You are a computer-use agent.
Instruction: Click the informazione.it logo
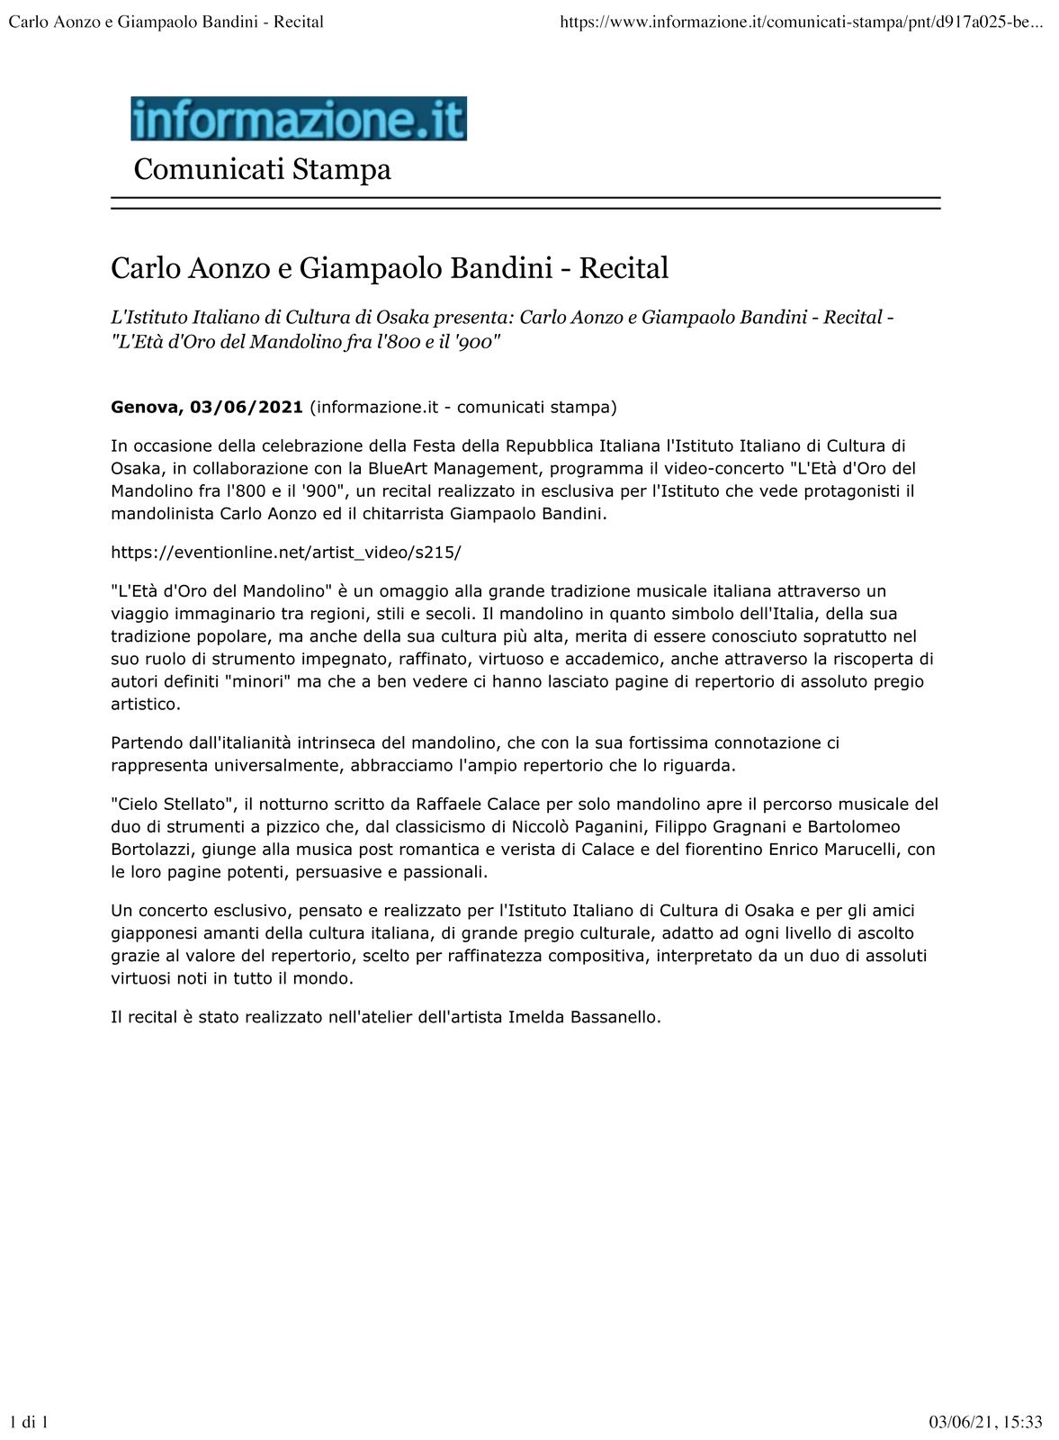pos(299,119)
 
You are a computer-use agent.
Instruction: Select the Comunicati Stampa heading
pos(262,169)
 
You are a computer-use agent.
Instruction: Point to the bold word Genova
pos(146,407)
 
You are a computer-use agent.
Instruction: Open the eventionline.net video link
pos(285,552)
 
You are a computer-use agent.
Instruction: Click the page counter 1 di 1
pos(28,1422)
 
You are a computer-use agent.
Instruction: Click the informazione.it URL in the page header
pos(801,21)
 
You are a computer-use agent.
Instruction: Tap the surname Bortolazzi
pos(156,849)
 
